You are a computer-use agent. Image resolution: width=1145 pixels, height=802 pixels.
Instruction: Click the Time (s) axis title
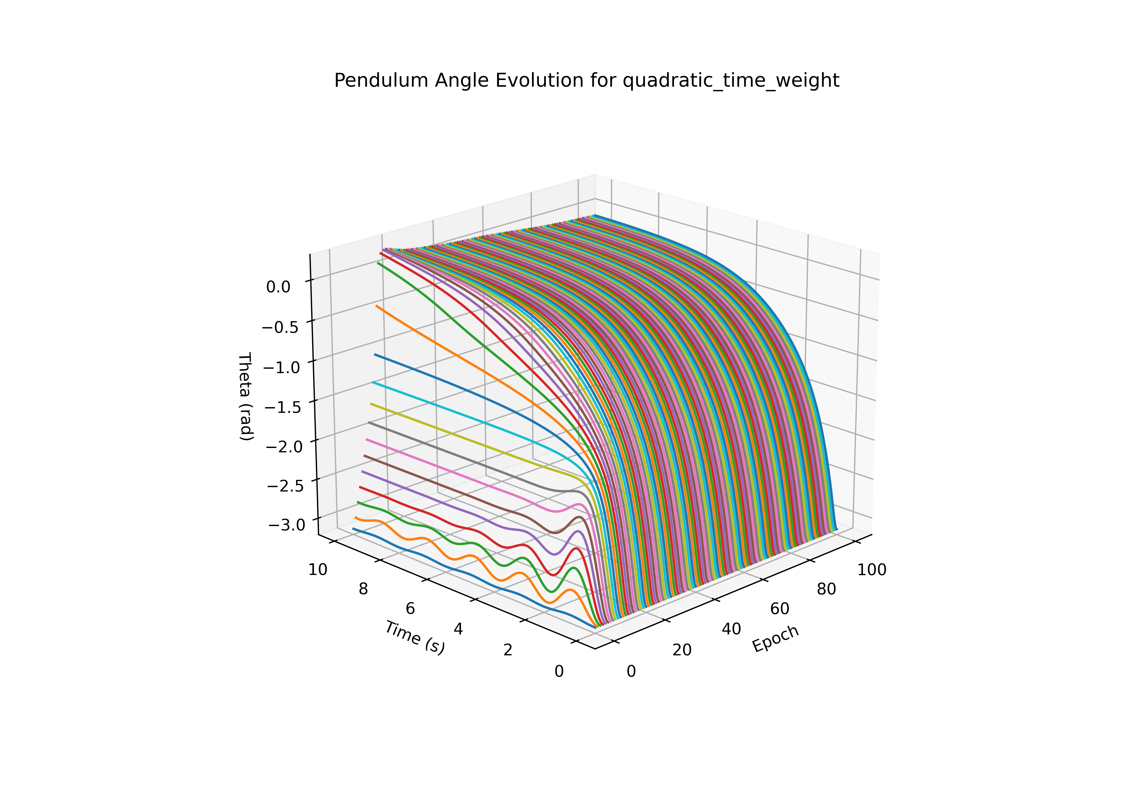[x=414, y=637]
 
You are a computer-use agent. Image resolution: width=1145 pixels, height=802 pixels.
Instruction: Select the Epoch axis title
[x=776, y=638]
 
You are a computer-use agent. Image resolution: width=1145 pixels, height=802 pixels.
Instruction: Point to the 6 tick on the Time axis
[x=410, y=609]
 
